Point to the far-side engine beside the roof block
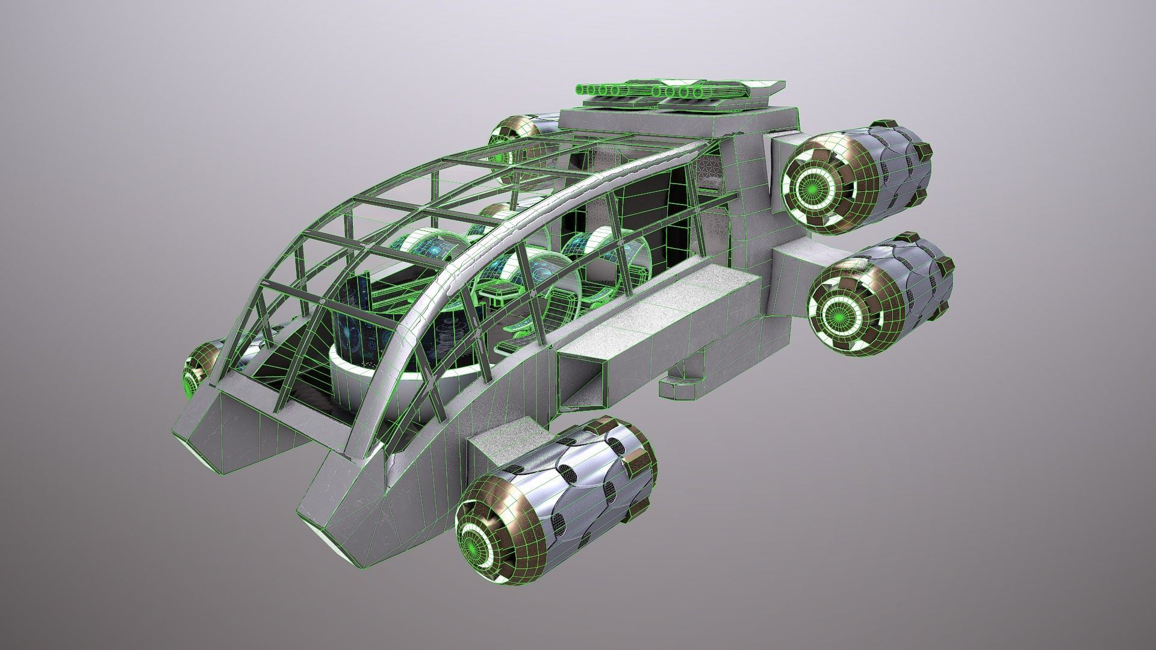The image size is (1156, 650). (512, 135)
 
